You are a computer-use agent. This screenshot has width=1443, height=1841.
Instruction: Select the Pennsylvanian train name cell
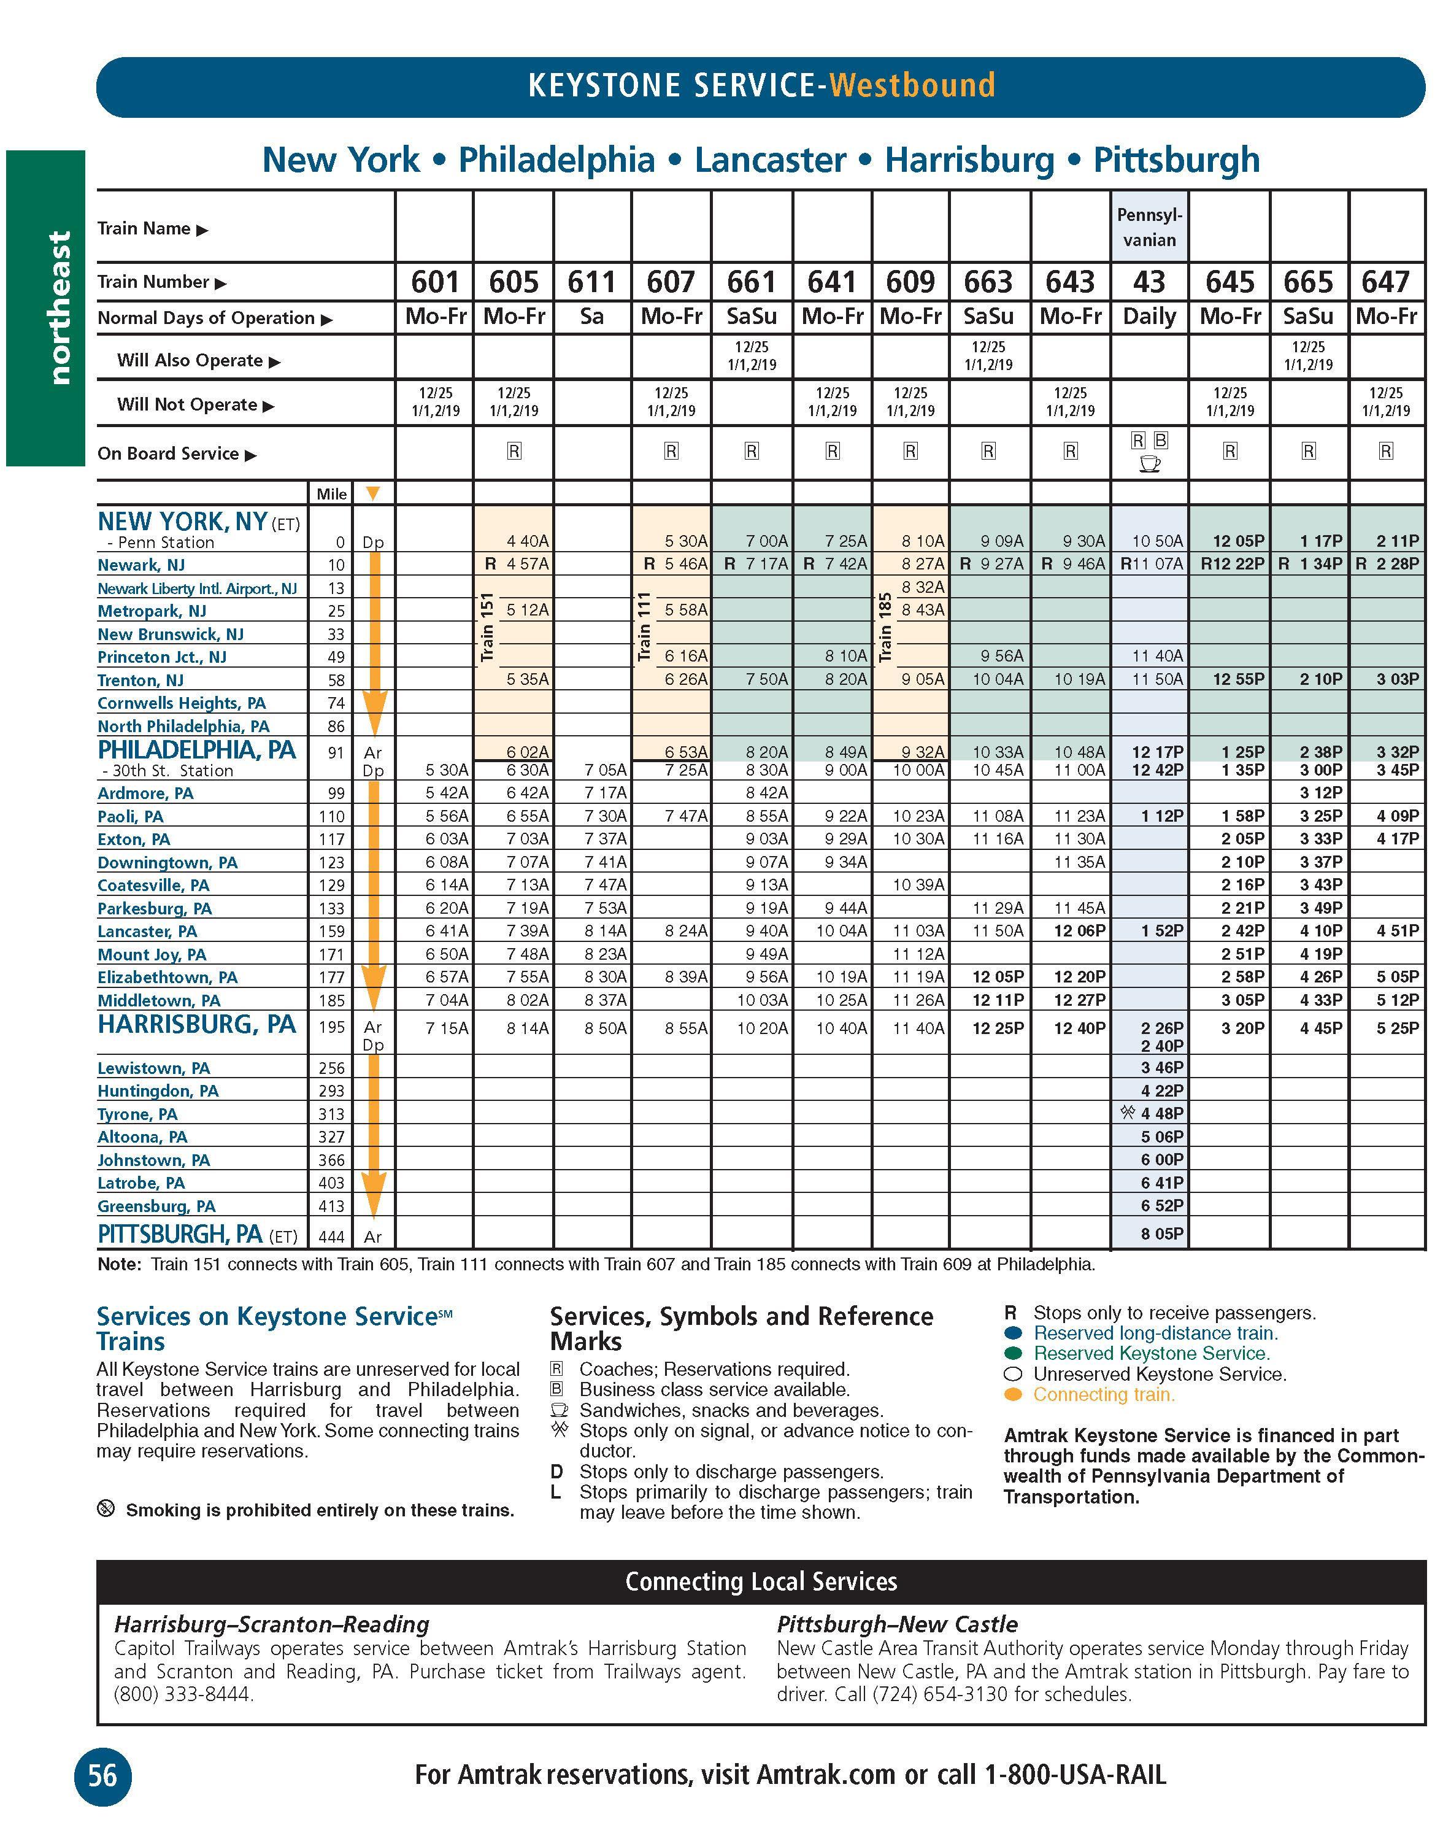[1149, 227]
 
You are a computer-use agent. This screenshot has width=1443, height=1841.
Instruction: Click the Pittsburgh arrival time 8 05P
[1161, 1233]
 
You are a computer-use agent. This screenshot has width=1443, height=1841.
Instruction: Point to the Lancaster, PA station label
[147, 931]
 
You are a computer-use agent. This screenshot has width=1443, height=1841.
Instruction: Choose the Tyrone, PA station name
[137, 1114]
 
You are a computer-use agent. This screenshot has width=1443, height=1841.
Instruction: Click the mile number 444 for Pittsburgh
[331, 1237]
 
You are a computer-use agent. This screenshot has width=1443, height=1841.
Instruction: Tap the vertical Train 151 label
[487, 626]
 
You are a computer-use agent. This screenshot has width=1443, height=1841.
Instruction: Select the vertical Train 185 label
[885, 626]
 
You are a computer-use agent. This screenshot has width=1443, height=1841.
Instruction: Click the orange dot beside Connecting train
[1013, 1395]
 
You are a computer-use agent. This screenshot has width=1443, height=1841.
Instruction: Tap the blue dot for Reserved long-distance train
[1013, 1333]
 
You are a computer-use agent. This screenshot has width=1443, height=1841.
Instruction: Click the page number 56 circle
[102, 1775]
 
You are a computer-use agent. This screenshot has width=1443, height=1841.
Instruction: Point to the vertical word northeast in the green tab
[59, 309]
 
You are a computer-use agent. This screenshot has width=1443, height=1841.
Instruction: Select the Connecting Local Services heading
[760, 1581]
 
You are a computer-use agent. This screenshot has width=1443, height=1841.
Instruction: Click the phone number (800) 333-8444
[183, 1694]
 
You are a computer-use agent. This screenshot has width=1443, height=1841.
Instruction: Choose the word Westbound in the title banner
[912, 85]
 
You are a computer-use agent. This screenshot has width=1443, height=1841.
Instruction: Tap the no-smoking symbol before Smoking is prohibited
[106, 1508]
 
